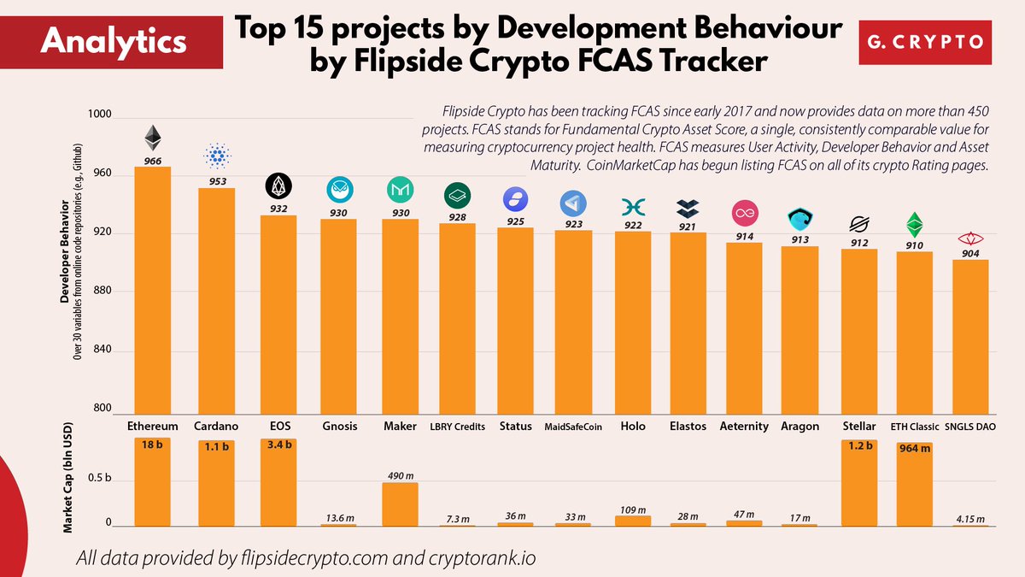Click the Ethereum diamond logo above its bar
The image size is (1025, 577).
[152, 138]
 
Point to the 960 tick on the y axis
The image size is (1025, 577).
[102, 175]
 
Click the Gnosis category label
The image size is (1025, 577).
[339, 426]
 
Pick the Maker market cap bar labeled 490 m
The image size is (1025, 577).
[400, 504]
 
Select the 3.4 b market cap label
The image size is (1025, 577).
[278, 445]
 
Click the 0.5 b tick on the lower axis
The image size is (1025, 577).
[101, 481]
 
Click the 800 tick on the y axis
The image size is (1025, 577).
[102, 409]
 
